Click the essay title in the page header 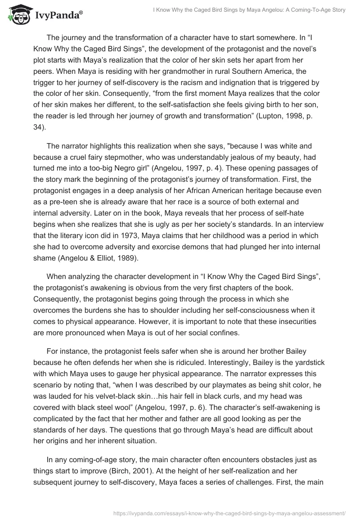[247, 10]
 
